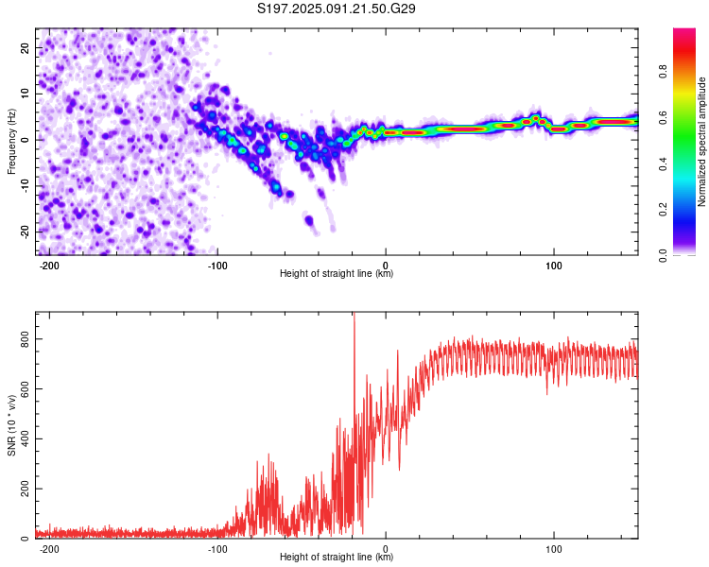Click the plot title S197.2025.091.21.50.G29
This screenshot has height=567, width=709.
(x=336, y=9)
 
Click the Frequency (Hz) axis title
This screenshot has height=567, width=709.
(x=11, y=142)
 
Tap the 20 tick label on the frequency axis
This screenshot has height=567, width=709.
(x=25, y=48)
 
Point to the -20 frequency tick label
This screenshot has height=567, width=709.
(x=25, y=232)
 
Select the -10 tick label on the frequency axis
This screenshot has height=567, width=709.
(x=25, y=185)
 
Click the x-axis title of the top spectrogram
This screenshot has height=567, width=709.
(x=337, y=273)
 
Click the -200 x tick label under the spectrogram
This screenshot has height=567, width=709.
(x=49, y=266)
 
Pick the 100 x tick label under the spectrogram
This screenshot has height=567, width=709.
(x=553, y=266)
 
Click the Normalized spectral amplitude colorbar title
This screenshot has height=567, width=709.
(x=701, y=142)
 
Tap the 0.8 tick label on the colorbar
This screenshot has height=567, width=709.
(x=663, y=72)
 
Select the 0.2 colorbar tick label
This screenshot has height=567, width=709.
(x=663, y=210)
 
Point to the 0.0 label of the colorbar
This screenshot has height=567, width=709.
(x=663, y=255)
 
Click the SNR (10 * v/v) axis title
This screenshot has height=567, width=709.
(x=11, y=425)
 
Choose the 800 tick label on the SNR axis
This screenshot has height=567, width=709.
(x=25, y=338)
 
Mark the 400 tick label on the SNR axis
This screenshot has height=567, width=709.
(x=25, y=438)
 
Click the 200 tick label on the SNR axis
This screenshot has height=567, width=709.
(x=25, y=489)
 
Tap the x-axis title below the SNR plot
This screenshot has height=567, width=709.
(x=337, y=557)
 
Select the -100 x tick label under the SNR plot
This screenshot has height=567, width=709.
(x=217, y=549)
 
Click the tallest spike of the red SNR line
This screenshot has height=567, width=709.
(x=354, y=314)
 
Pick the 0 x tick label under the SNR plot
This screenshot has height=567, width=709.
(x=386, y=549)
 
